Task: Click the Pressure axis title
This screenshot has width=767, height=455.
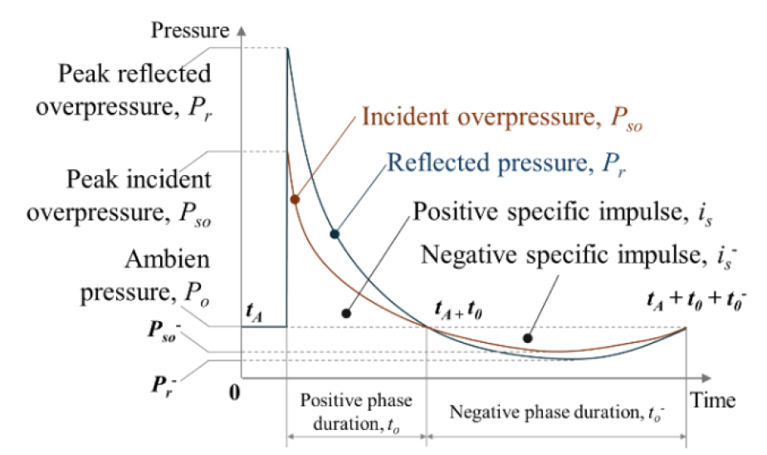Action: (190, 32)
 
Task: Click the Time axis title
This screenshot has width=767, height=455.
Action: (715, 401)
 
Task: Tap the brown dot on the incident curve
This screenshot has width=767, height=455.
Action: (295, 199)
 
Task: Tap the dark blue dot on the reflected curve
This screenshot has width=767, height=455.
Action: (335, 234)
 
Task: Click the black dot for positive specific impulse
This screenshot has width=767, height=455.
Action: (345, 314)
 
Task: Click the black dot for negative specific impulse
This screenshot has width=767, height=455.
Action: (526, 337)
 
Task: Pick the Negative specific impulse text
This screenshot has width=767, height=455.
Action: (578, 254)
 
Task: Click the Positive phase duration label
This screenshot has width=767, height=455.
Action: (356, 412)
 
